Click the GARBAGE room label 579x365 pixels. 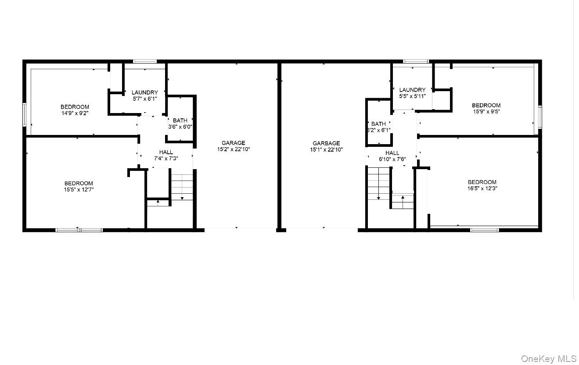pyautogui.click(x=326, y=143)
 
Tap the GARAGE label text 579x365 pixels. pyautogui.click(x=233, y=143)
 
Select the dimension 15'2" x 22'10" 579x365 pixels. pyautogui.click(x=234, y=149)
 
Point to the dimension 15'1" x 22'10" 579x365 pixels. pyautogui.click(x=326, y=150)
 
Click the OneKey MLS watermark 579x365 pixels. pyautogui.click(x=548, y=359)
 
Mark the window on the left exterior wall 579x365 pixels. pyautogui.click(x=25, y=115)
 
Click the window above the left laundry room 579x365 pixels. pyautogui.click(x=145, y=61)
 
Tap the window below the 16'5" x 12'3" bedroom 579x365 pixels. pyautogui.click(x=484, y=229)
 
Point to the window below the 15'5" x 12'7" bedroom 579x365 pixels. pyautogui.click(x=79, y=229)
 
